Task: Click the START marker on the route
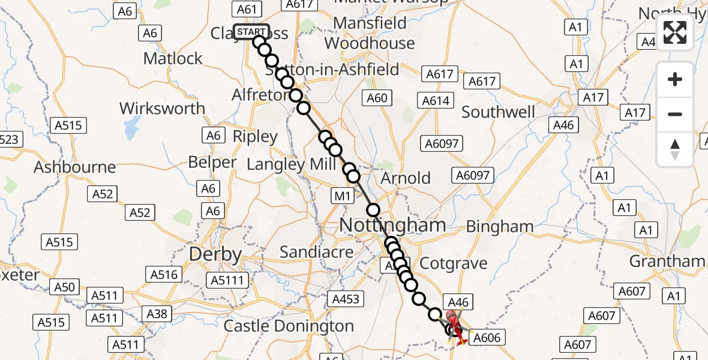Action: [x=251, y=32]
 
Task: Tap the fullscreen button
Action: [x=675, y=32]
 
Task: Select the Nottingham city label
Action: [x=392, y=226]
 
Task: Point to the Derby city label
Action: [x=215, y=254]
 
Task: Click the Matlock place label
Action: [x=173, y=59]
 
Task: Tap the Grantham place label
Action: [x=667, y=261]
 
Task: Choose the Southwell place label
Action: [x=498, y=112]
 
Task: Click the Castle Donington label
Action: [x=289, y=326]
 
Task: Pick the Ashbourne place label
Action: [x=75, y=167]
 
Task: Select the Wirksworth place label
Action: [x=162, y=109]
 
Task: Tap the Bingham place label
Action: [x=500, y=226]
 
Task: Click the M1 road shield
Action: [x=341, y=196]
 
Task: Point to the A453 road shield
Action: [x=345, y=299]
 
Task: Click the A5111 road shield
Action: [x=227, y=280]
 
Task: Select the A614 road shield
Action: [x=436, y=101]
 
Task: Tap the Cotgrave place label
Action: [x=453, y=263]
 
